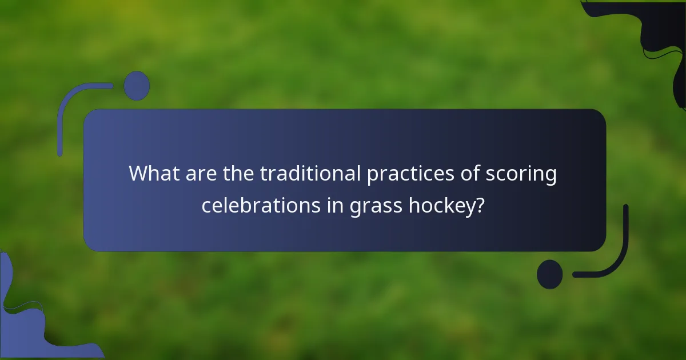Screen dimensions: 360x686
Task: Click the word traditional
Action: click(310, 174)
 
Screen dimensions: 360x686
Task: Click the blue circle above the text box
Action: click(137, 86)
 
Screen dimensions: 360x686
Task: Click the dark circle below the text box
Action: click(550, 274)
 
